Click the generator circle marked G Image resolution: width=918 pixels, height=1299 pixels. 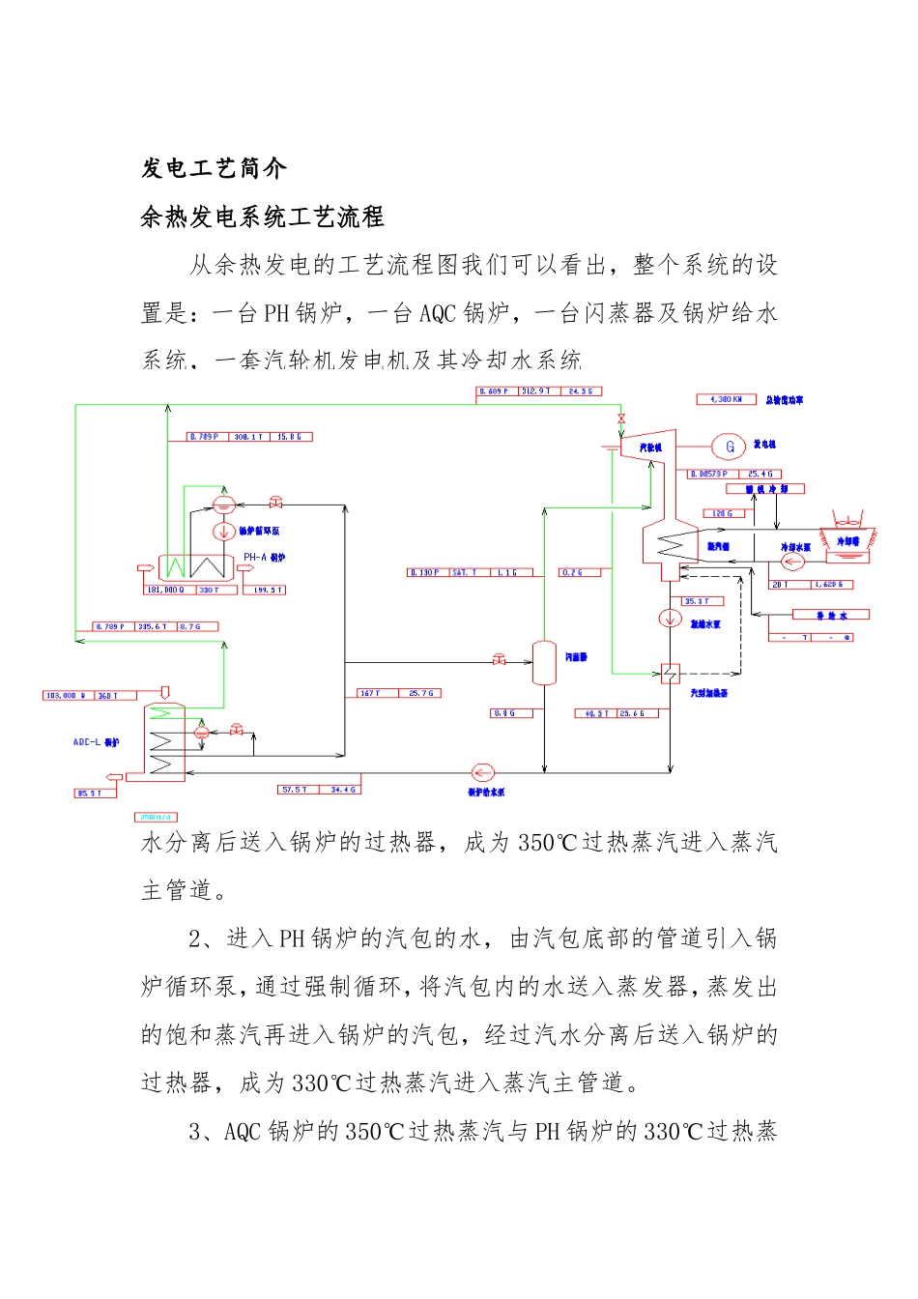point(730,447)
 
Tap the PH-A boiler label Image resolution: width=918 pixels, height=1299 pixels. point(264,558)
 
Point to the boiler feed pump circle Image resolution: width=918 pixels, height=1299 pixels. point(482,772)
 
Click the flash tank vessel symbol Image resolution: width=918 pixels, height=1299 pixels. point(544,663)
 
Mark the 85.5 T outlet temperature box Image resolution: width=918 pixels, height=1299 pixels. point(96,794)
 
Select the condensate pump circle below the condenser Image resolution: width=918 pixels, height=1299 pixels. point(670,619)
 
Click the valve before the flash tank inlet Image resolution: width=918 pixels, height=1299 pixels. point(499,661)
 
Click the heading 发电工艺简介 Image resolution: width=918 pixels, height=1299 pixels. point(214,168)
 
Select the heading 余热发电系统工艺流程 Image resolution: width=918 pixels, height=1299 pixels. point(262,216)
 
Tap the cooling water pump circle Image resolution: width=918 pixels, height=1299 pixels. point(792,562)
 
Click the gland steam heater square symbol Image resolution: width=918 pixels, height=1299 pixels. point(670,674)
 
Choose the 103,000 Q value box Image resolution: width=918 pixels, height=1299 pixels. point(68,696)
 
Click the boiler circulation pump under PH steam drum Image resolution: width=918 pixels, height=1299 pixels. point(224,531)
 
